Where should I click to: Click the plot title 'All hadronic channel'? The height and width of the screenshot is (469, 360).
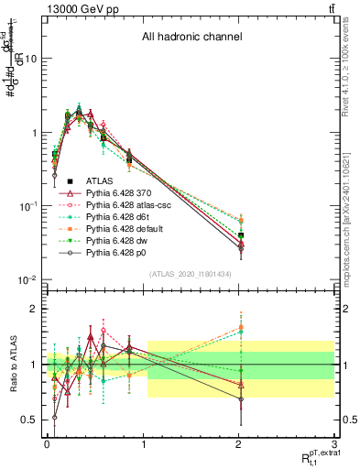tap(191, 38)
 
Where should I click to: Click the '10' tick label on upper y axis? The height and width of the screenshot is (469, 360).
tap(31, 58)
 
